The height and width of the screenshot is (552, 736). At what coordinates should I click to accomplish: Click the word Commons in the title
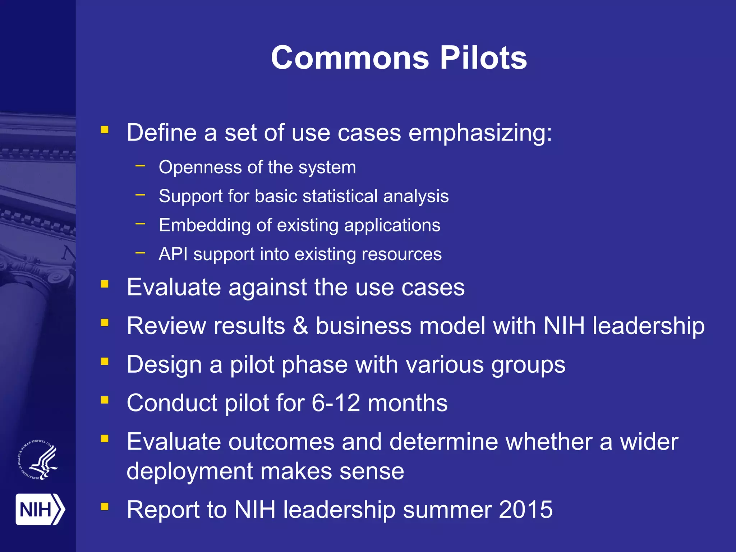click(x=350, y=58)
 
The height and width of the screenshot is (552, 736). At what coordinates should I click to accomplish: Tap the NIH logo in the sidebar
click(x=40, y=509)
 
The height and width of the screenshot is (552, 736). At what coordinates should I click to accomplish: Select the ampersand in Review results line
click(x=300, y=326)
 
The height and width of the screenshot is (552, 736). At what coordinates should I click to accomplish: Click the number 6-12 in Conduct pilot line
click(x=336, y=403)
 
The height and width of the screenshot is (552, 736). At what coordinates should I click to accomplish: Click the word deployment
click(x=189, y=471)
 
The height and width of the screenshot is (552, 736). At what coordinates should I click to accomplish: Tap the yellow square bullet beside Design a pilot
click(x=105, y=361)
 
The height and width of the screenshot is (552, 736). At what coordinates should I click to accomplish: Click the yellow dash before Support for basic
click(x=140, y=195)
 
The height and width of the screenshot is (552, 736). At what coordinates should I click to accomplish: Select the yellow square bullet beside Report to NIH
click(x=105, y=506)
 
